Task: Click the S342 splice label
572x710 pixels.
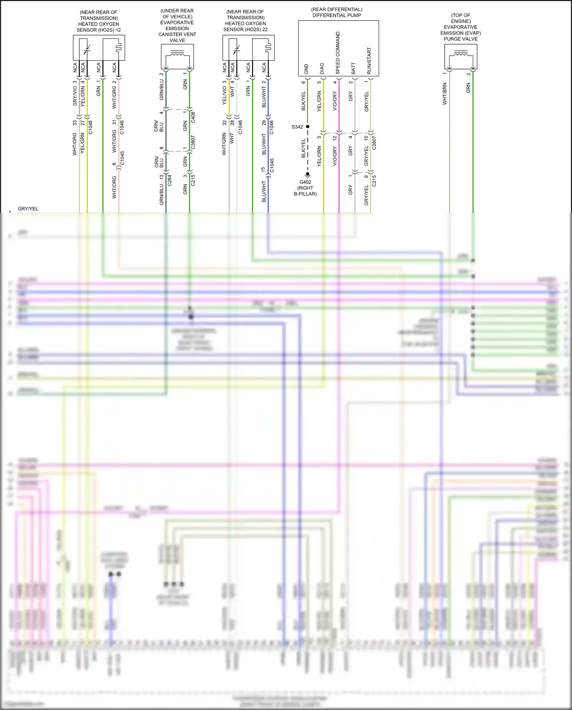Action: (x=297, y=127)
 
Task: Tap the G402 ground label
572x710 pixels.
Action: (x=305, y=182)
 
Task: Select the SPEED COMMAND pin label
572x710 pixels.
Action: (x=338, y=53)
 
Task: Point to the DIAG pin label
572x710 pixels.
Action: (x=322, y=69)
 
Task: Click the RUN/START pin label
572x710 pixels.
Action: (x=369, y=61)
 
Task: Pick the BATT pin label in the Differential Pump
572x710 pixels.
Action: (x=353, y=69)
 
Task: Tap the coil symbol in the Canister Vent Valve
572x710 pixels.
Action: (x=177, y=55)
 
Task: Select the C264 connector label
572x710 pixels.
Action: (x=169, y=180)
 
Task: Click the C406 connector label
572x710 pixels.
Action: (x=193, y=117)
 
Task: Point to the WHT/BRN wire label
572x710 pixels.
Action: (x=445, y=94)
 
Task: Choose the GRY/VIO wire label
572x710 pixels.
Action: (x=75, y=95)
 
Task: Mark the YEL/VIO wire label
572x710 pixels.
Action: (x=225, y=95)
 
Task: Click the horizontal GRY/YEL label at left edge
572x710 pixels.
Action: (x=28, y=209)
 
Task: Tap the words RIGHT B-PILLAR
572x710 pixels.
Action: (x=305, y=191)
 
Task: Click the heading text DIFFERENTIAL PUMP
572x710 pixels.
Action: (x=337, y=15)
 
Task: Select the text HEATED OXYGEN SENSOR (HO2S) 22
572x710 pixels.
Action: (x=245, y=26)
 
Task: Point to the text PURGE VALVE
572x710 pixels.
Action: (x=461, y=39)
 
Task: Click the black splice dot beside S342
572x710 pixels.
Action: (x=307, y=127)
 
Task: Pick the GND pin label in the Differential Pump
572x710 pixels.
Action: (x=306, y=69)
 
